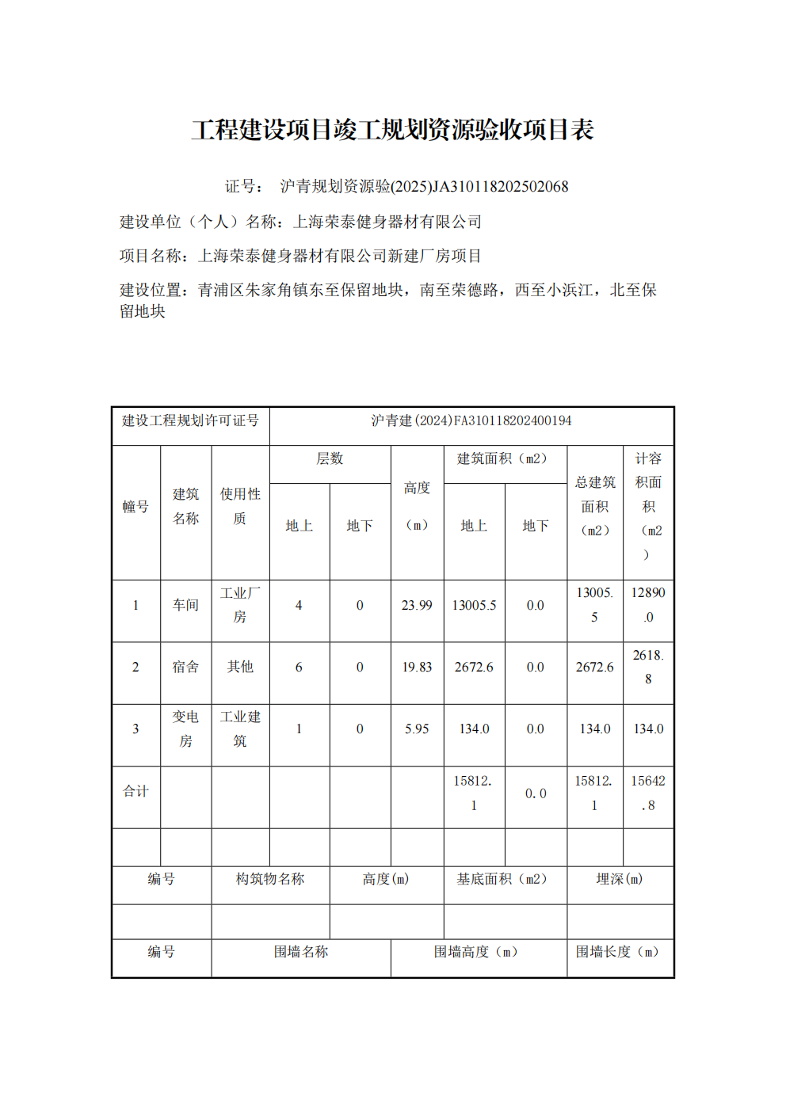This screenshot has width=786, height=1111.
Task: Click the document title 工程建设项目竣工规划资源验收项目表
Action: pyautogui.click(x=392, y=130)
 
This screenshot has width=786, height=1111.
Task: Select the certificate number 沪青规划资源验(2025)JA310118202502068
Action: pyautogui.click(x=424, y=187)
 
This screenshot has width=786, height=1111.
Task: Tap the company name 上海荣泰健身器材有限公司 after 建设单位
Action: pyautogui.click(x=387, y=222)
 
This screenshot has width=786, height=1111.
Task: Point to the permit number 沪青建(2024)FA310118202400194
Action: pyautogui.click(x=471, y=420)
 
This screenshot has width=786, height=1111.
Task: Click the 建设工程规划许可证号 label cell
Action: pyautogui.click(x=190, y=420)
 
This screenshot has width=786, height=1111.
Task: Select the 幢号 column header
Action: pyautogui.click(x=135, y=507)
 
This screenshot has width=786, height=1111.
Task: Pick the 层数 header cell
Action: pyautogui.click(x=330, y=459)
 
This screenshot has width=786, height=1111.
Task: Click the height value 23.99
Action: pyautogui.click(x=417, y=606)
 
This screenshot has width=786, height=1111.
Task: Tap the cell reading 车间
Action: pyautogui.click(x=185, y=605)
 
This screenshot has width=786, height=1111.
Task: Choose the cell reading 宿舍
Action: pyautogui.click(x=185, y=667)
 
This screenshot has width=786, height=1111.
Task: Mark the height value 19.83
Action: pyautogui.click(x=417, y=668)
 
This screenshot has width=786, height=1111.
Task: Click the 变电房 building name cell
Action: pyautogui.click(x=185, y=729)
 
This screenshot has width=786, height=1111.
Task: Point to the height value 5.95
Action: pyautogui.click(x=417, y=729)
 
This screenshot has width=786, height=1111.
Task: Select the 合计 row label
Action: pyautogui.click(x=135, y=791)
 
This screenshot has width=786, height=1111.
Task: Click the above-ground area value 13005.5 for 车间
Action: pyautogui.click(x=474, y=606)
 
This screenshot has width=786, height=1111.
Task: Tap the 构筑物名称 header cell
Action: pyautogui.click(x=270, y=879)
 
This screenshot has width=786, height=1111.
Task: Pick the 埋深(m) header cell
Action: pyautogui.click(x=620, y=879)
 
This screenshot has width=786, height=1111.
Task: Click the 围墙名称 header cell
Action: pyautogui.click(x=301, y=952)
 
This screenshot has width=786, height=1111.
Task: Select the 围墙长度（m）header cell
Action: pyautogui.click(x=620, y=952)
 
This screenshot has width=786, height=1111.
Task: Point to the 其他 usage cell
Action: pyautogui.click(x=240, y=667)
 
